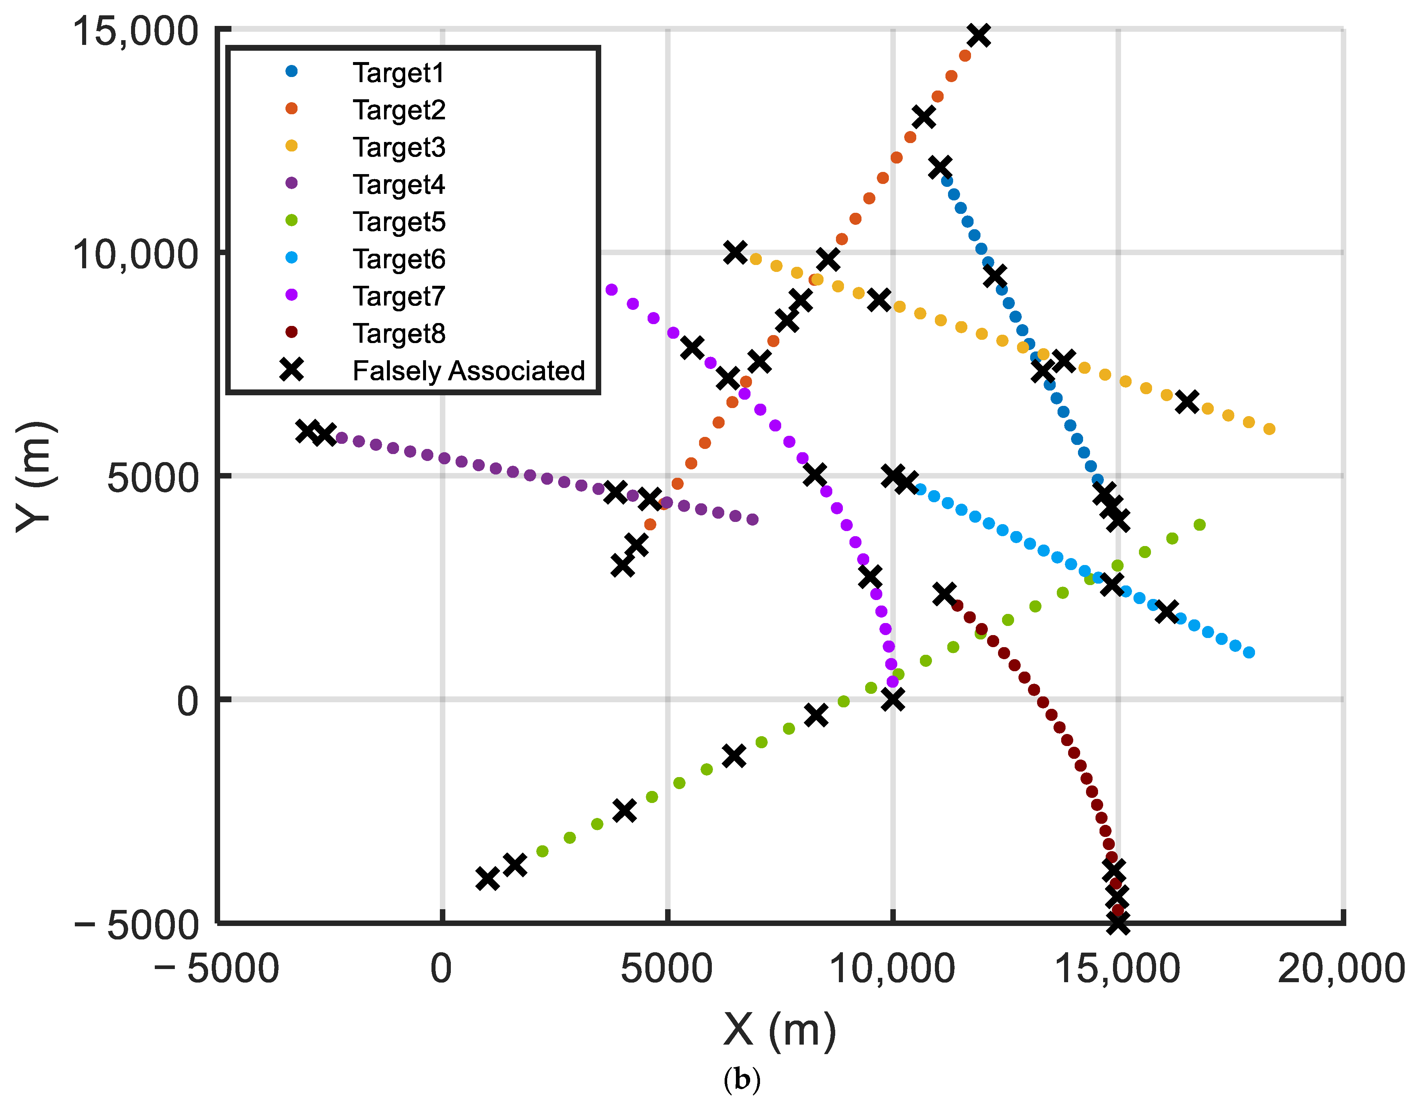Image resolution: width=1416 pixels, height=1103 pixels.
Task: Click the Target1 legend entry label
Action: tap(399, 73)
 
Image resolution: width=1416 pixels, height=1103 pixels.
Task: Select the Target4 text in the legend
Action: tap(399, 185)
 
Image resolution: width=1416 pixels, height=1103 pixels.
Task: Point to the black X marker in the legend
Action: tap(292, 370)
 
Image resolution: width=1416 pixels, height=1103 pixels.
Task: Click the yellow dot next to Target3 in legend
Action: tap(292, 146)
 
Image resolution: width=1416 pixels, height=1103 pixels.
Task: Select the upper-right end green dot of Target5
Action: tap(1200, 524)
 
